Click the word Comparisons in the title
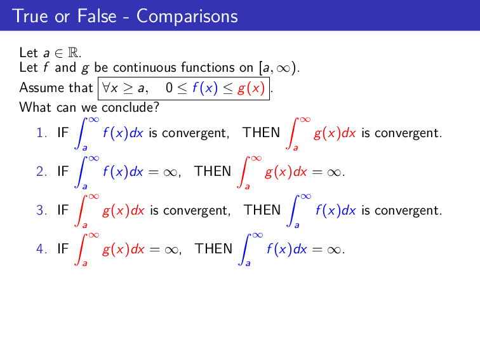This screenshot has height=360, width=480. pyautogui.click(x=187, y=16)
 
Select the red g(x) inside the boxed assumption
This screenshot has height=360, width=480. pyautogui.click(x=251, y=88)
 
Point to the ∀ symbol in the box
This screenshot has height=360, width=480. pyautogui.click(x=105, y=88)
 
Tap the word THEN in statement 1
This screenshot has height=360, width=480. pyautogui.click(x=261, y=133)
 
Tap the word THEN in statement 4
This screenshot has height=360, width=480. pyautogui.click(x=213, y=249)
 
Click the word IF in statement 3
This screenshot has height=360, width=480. pyautogui.click(x=63, y=210)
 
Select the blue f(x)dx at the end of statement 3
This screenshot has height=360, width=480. pyautogui.click(x=337, y=210)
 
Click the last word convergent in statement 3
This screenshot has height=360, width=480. pyautogui.click(x=401, y=210)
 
